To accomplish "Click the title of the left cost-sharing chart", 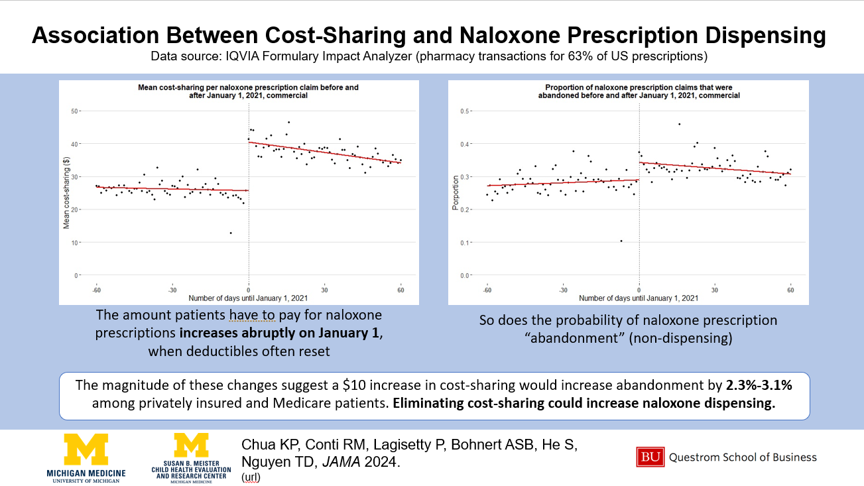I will (248, 91).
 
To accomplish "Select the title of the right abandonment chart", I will (638, 91).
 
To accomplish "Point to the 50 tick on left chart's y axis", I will (76, 111).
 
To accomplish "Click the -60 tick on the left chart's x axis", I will (96, 290).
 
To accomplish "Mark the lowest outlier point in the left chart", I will (231, 233).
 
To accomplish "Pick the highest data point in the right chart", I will (679, 124).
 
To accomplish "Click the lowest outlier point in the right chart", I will (621, 241).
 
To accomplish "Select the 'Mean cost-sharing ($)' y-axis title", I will (66, 193).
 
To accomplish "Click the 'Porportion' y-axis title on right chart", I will (456, 193).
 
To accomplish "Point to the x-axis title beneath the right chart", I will (639, 298).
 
